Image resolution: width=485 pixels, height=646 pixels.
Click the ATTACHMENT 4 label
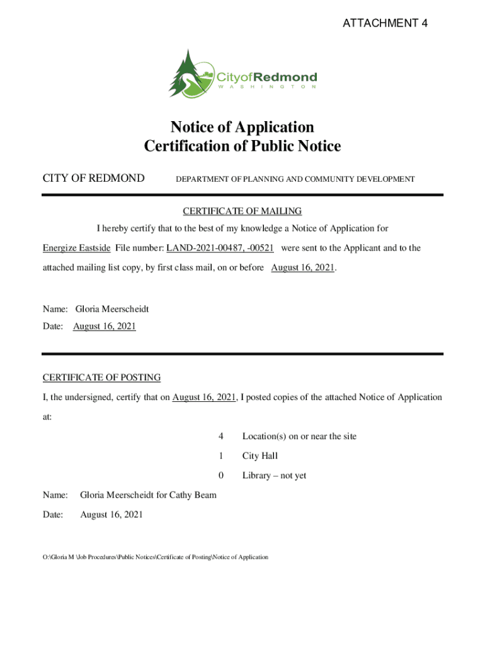pos(385,24)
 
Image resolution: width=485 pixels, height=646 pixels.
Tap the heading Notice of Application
pos(243,127)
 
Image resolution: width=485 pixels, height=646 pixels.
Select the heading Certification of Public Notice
pos(243,146)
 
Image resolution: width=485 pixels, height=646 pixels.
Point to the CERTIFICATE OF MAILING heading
pos(243,211)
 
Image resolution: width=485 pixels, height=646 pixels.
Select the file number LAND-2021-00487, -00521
pos(220,248)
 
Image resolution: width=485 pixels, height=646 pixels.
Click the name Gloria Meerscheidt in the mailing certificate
pos(112,309)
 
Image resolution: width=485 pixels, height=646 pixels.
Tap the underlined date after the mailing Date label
pos(105,326)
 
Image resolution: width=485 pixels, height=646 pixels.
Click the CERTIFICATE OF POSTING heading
pos(101,377)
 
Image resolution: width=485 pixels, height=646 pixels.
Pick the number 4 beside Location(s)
pos(220,436)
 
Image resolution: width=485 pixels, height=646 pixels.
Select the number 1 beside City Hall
pos(220,455)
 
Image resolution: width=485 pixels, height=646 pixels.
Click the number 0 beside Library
pos(220,475)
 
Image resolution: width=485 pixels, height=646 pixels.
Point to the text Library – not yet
pos(274,475)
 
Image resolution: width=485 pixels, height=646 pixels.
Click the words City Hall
pos(260,455)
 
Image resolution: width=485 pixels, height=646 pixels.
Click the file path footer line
pos(155,557)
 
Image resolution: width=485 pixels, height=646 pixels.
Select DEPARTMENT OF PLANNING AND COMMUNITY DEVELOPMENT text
pos(295,179)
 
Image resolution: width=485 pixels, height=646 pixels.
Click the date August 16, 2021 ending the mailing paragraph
pos(302,267)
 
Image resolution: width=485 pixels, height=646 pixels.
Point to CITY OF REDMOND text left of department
pos(93,179)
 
